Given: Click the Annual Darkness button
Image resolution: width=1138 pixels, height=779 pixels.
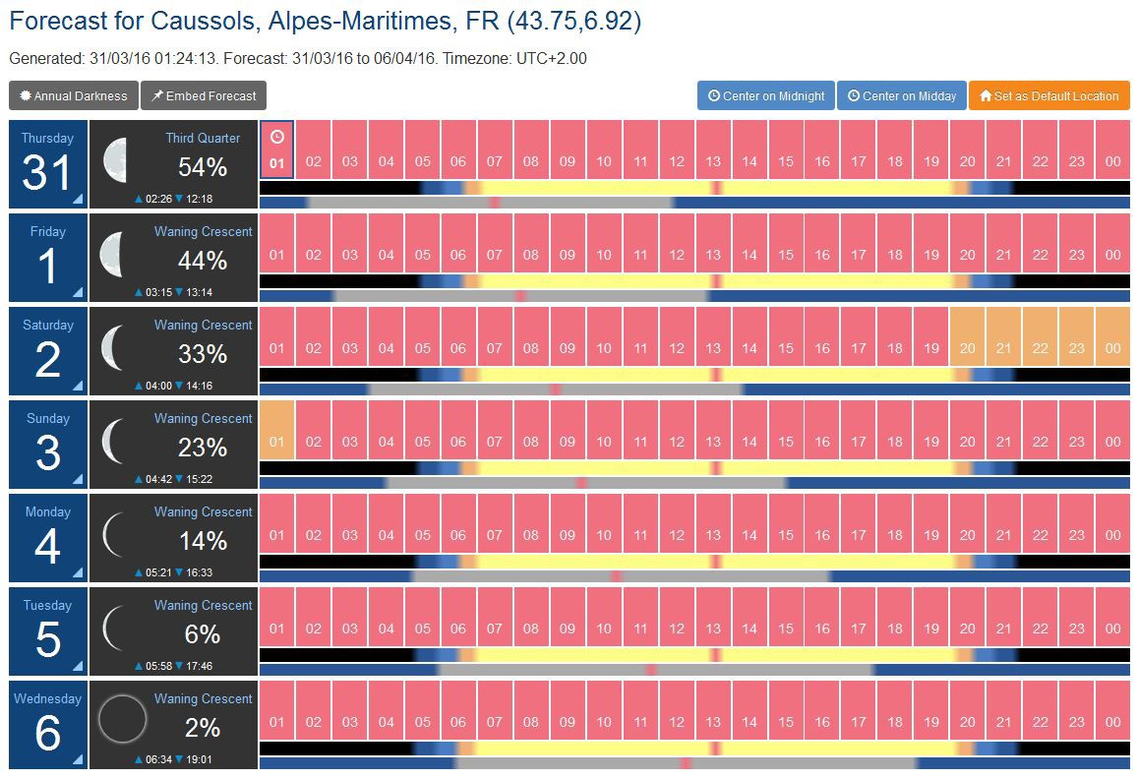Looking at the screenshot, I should (74, 96).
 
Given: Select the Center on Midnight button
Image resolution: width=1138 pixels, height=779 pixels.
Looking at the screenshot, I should (766, 96).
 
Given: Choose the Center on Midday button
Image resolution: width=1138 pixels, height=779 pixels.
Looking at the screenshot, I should (902, 96).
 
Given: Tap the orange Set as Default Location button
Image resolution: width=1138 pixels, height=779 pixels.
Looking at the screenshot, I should (1048, 96).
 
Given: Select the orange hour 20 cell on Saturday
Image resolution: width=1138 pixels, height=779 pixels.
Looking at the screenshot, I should (968, 336).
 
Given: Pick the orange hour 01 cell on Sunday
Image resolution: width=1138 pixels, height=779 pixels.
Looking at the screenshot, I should (277, 430).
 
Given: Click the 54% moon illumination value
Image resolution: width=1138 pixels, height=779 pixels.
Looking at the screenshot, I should (203, 167).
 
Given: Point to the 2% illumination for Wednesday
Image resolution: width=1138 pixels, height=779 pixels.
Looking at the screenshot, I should (203, 728).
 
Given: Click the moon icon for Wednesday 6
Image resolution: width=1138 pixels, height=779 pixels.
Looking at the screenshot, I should (123, 721).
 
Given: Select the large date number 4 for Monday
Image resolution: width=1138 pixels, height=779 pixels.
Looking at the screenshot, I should (47, 546).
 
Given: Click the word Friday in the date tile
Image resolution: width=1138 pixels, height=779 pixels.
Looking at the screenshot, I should (47, 232).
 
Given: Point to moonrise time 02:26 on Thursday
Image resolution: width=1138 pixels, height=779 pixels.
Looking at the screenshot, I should (157, 199).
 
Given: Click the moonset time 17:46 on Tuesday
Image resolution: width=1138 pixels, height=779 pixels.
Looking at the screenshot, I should (199, 666).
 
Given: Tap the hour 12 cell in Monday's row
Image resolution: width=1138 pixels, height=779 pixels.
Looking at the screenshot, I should (677, 523).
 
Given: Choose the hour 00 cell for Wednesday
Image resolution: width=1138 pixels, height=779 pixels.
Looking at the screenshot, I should (1112, 710).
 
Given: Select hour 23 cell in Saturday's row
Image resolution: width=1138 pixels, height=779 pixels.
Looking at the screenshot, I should (1077, 336).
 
